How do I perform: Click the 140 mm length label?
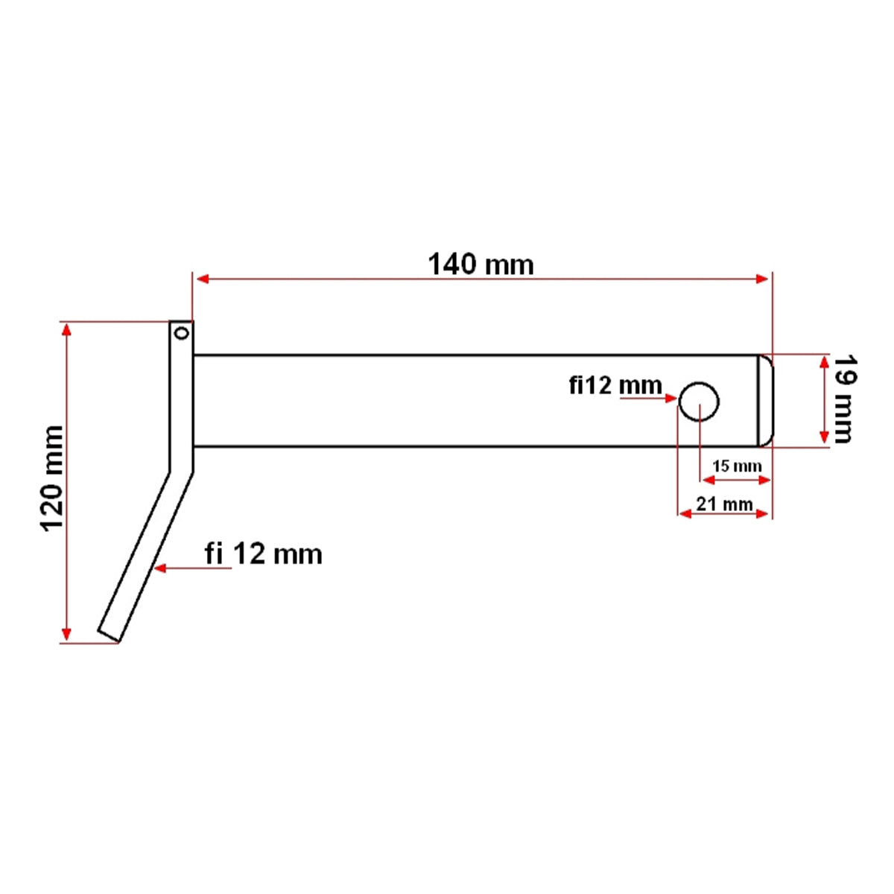pyautogui.click(x=481, y=264)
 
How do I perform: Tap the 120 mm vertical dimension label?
pyautogui.click(x=52, y=478)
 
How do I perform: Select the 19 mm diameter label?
pyautogui.click(x=843, y=399)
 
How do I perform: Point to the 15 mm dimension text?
pyautogui.click(x=736, y=466)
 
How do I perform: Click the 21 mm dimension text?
pyautogui.click(x=723, y=504)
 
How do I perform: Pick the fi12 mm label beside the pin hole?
pyautogui.click(x=615, y=385)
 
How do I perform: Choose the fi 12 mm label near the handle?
pyautogui.click(x=263, y=554)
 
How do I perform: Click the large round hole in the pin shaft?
pyautogui.click(x=699, y=401)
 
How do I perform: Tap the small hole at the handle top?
pyautogui.click(x=180, y=333)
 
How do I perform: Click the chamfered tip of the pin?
pyautogui.click(x=765, y=401)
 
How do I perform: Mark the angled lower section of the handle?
pyautogui.click(x=145, y=555)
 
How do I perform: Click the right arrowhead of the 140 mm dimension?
pyautogui.click(x=762, y=279)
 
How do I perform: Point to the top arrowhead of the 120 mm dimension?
pyautogui.click(x=67, y=329)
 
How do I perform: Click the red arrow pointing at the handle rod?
pyautogui.click(x=159, y=568)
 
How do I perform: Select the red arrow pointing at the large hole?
pyautogui.click(x=670, y=399)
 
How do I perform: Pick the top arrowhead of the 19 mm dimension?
pyautogui.click(x=824, y=363)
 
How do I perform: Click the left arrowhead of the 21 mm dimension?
pyautogui.click(x=684, y=513)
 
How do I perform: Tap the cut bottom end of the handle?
pyautogui.click(x=109, y=634)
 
